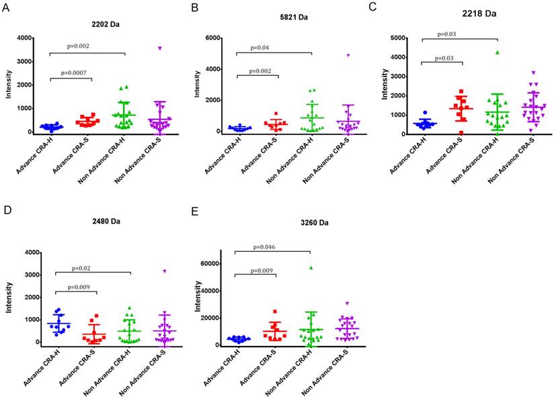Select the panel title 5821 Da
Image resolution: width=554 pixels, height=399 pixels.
(276, 24)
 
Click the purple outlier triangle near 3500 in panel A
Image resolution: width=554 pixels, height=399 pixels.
(160, 48)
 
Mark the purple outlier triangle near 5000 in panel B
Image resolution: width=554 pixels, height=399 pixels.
(349, 56)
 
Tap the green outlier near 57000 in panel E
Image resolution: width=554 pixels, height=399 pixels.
(312, 268)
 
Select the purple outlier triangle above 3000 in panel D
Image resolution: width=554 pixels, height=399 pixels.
(164, 271)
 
